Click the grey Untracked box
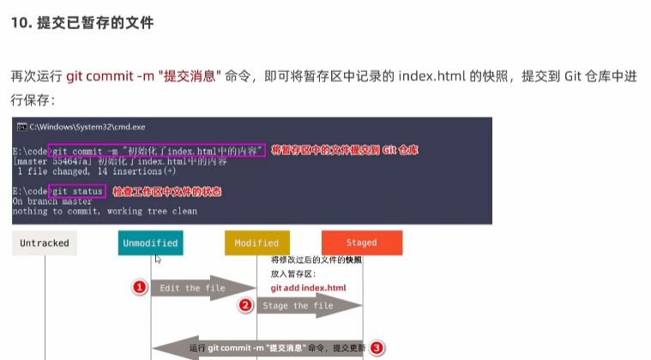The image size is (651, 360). [45, 243]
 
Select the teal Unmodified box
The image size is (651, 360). [150, 243]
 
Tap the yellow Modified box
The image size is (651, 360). [256, 243]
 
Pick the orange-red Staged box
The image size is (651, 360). [362, 243]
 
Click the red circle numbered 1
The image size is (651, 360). [139, 286]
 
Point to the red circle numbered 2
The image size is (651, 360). [244, 305]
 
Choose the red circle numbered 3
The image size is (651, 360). [377, 348]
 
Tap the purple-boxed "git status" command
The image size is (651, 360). [77, 190]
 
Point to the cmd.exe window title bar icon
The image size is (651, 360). [21, 126]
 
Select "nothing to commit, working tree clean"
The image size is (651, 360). [104, 211]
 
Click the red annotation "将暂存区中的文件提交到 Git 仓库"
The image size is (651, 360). [345, 150]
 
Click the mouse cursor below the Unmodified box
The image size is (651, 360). [156, 258]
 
